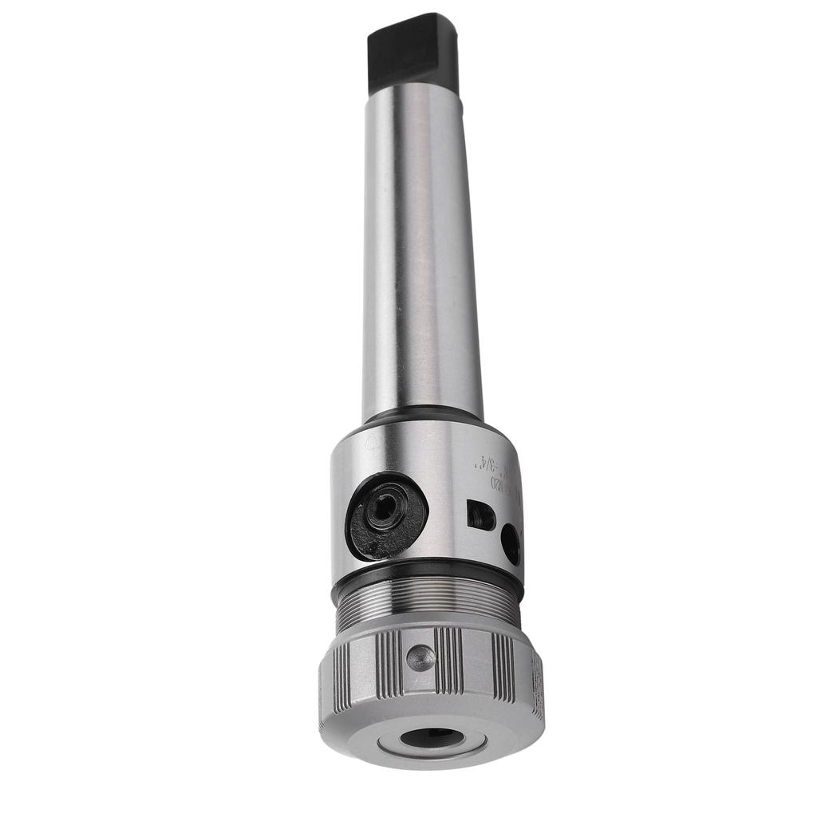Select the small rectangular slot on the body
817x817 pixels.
[x=481, y=515]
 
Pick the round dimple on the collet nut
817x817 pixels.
[x=420, y=657]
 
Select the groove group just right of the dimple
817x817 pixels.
[x=448, y=660]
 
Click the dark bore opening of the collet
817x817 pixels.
[x=432, y=738]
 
